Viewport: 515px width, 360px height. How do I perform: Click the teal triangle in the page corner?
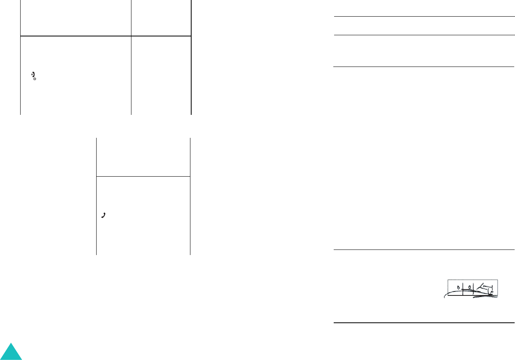pos(11,352)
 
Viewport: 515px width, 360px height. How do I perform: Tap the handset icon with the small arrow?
pos(34,74)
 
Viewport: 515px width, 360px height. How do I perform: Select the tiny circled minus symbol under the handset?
pos(35,79)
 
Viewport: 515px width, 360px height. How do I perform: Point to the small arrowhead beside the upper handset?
pos(32,74)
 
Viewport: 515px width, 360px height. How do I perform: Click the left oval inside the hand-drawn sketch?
pos(458,286)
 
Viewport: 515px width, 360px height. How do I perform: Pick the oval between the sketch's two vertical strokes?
pos(469,286)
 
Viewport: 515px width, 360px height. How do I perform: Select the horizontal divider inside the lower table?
pos(143,176)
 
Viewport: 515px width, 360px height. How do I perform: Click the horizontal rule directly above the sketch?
pos(423,250)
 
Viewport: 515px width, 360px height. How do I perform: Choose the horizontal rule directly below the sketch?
pos(423,323)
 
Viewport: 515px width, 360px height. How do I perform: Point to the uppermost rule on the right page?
pos(423,17)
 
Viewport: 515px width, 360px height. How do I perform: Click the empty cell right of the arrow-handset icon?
pos(161,75)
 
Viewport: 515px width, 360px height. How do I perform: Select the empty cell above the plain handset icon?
pos(143,157)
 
